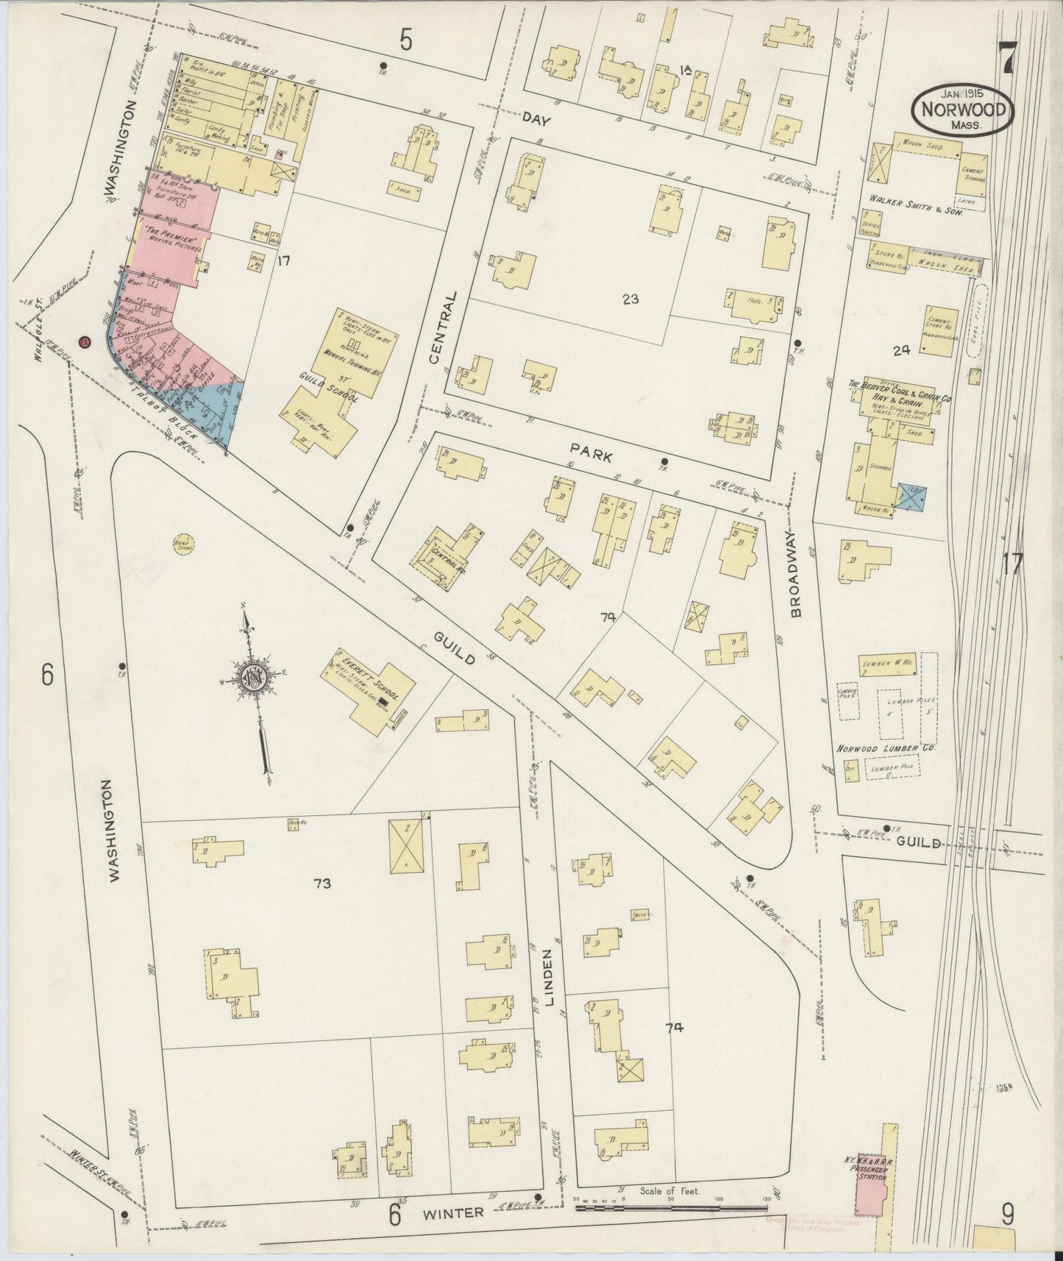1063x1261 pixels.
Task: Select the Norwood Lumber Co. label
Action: (x=885, y=748)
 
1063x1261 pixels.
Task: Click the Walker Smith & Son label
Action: (x=916, y=199)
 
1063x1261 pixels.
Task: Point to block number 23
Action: (x=630, y=299)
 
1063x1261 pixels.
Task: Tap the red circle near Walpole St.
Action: (x=85, y=342)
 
